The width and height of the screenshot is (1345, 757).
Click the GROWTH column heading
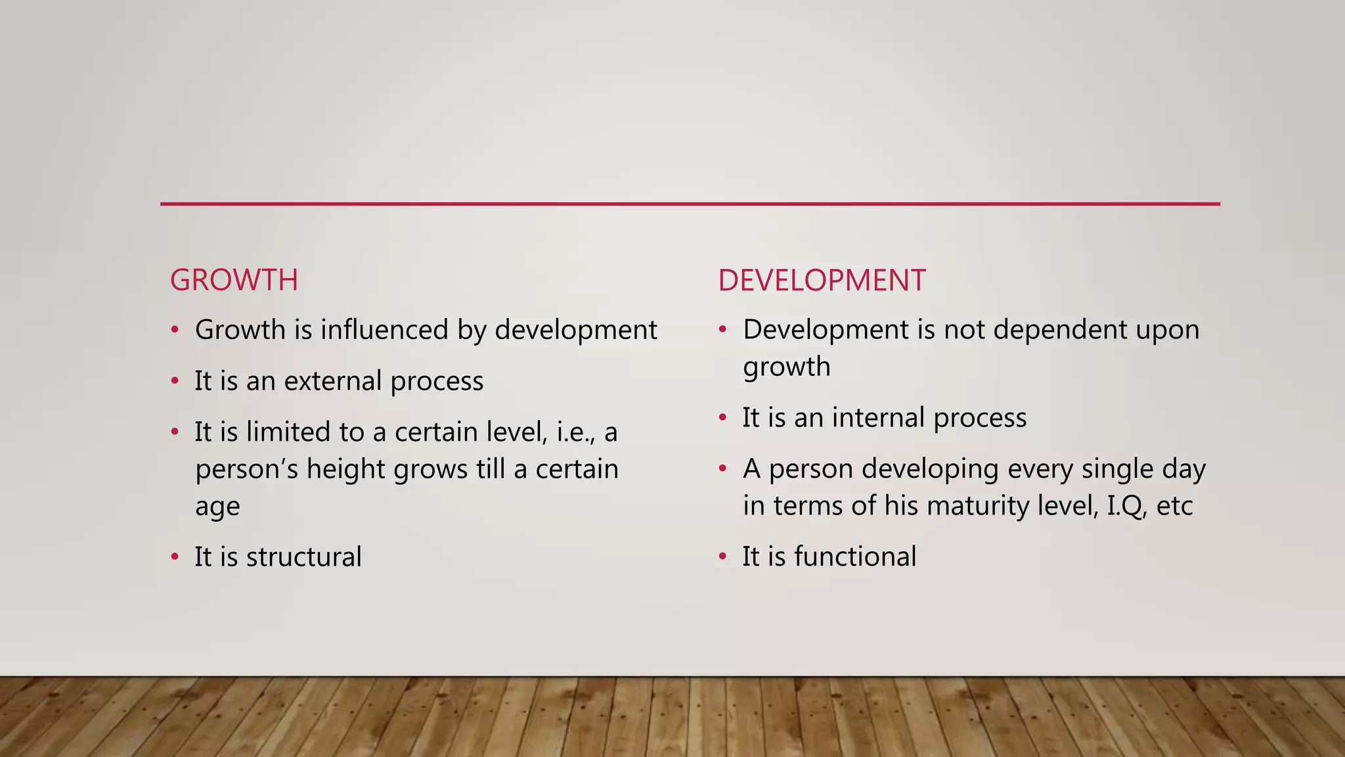[x=234, y=281]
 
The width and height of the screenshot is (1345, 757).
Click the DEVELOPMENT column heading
[x=821, y=281]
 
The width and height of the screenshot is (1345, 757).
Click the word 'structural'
[x=303, y=557]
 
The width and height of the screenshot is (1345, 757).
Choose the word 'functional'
[x=855, y=557]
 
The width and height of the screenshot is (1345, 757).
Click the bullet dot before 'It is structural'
[x=175, y=557]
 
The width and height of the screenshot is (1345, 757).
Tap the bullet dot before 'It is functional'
[x=722, y=557]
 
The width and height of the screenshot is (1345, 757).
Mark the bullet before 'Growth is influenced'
[x=175, y=330]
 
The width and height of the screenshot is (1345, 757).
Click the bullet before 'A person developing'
[x=722, y=469]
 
